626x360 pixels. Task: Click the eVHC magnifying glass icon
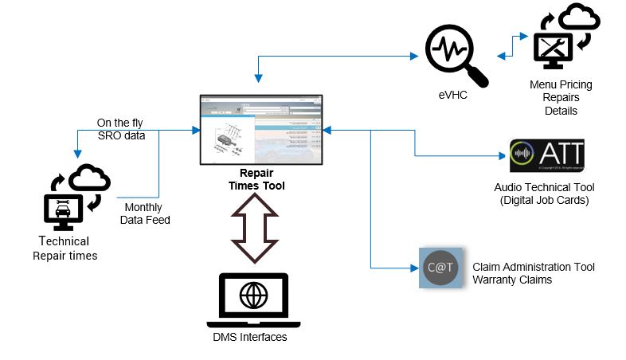pos(455,53)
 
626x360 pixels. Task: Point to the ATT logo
pos(546,155)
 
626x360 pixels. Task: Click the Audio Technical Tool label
pos(546,187)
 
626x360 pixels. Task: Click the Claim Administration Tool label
pos(534,267)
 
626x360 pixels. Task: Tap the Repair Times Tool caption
pos(260,179)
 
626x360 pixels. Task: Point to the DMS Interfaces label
pos(255,338)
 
